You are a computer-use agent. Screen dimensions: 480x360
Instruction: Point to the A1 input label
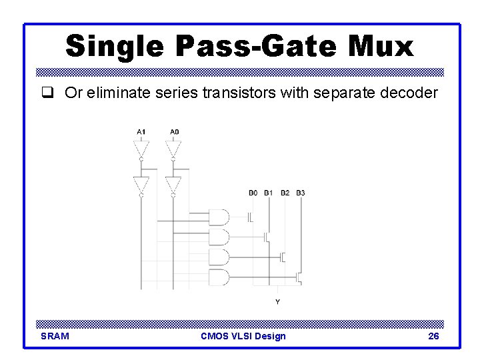pos(141,132)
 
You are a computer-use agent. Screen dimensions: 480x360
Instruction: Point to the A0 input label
pos(173,132)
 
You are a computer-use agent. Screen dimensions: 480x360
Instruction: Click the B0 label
pos(253,193)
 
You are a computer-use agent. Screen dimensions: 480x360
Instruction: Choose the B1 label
pos(269,193)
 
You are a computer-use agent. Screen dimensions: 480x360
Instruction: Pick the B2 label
pos(285,193)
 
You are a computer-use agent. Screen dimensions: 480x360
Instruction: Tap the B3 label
pos(301,193)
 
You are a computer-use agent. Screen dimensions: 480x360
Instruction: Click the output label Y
pos(278,302)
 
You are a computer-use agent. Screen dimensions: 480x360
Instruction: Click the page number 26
pos(433,336)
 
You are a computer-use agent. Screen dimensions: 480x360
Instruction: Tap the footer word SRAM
pos(55,336)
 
